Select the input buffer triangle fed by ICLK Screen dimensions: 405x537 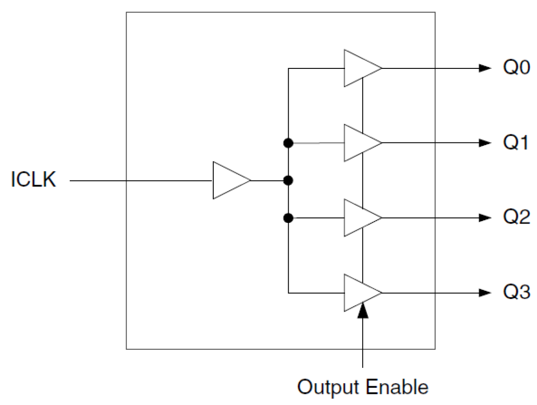click(229, 180)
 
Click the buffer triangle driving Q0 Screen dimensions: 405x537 click(360, 68)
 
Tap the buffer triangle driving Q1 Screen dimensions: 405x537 click(360, 143)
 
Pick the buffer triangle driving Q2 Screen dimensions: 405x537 click(360, 218)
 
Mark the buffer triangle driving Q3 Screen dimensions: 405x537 click(360, 293)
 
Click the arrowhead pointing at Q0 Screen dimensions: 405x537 click(484, 68)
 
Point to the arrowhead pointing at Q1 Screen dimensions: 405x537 click(484, 143)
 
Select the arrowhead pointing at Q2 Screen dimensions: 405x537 click(484, 218)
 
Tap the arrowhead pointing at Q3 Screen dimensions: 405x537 click(484, 293)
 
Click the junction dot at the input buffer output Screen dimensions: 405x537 click(289, 180)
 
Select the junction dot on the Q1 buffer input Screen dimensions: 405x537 click(289, 143)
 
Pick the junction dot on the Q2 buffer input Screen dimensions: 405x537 click(289, 218)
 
